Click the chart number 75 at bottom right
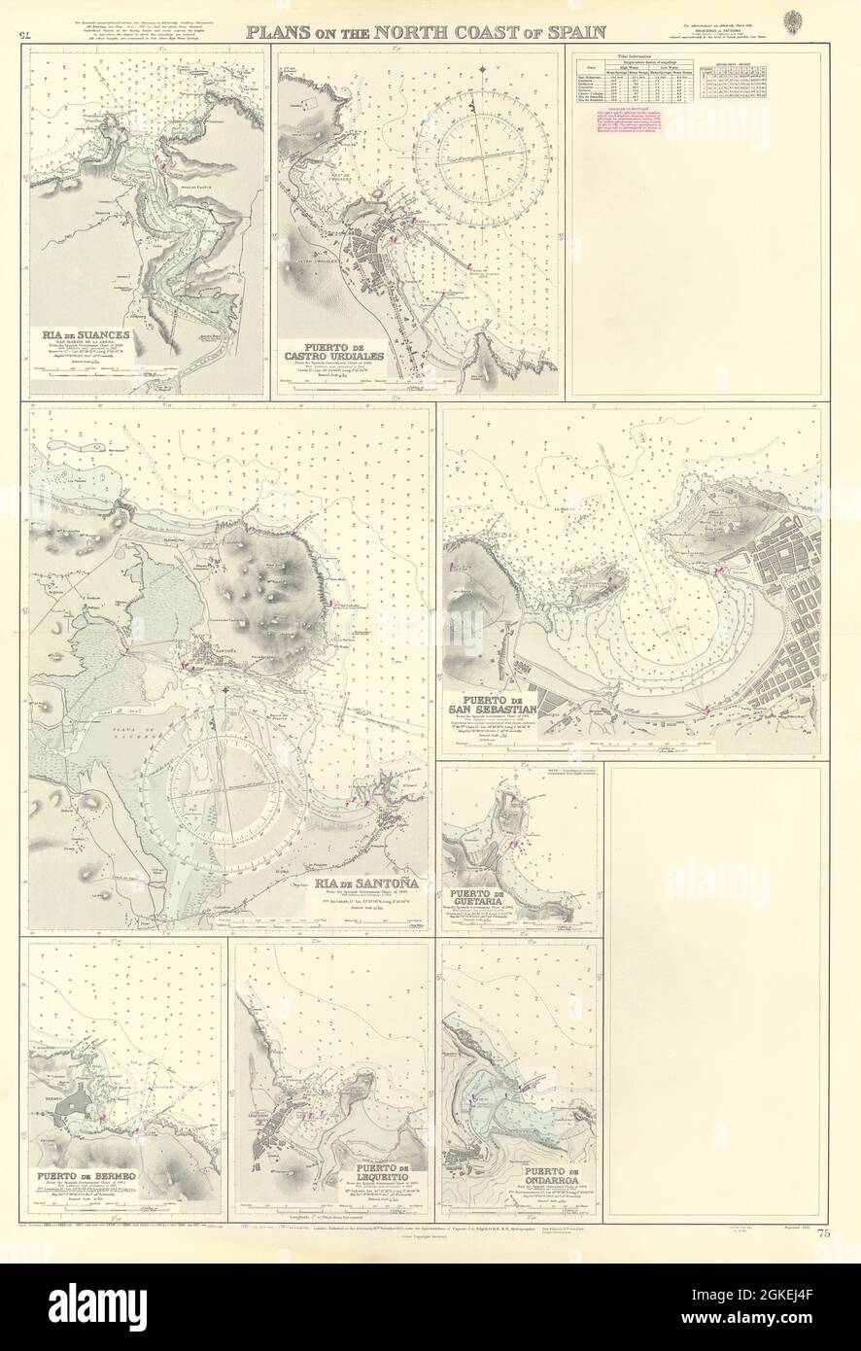pyautogui.click(x=824, y=1234)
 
